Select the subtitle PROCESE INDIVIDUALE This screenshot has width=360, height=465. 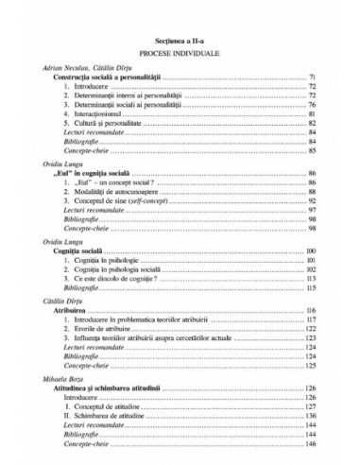179,54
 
